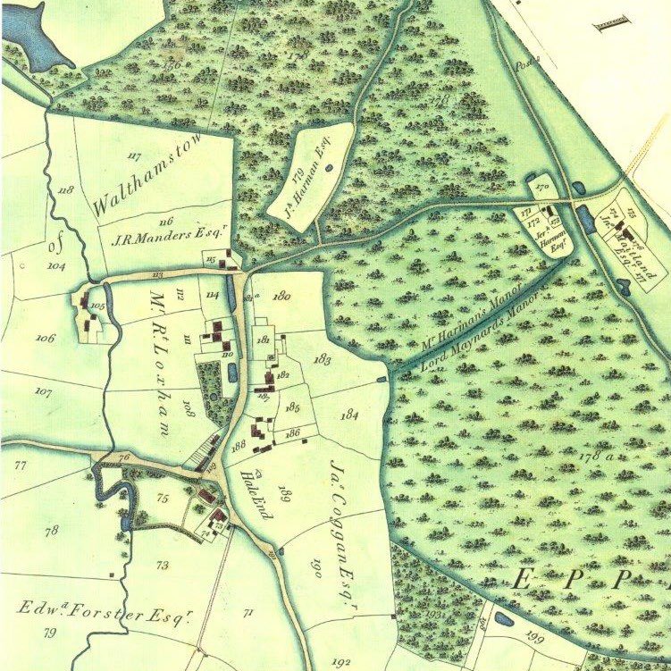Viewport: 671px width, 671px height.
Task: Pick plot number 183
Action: (323, 358)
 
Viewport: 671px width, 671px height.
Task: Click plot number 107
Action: (43, 391)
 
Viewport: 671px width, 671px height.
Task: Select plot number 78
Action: (51, 531)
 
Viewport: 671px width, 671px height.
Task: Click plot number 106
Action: (46, 338)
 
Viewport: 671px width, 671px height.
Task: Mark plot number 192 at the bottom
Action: (340, 662)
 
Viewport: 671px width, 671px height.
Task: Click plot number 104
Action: (58, 266)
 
